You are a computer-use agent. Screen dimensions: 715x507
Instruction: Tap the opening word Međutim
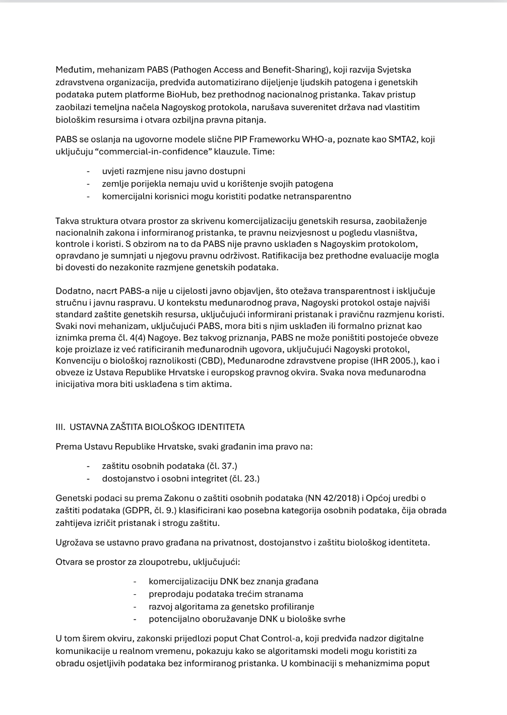(x=73, y=70)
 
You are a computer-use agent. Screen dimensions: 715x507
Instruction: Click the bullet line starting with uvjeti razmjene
(x=173, y=171)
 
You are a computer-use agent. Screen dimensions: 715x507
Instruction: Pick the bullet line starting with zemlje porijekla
(x=217, y=184)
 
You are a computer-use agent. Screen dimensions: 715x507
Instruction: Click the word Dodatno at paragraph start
(x=72, y=291)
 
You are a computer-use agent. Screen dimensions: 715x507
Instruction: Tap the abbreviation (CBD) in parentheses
(x=213, y=361)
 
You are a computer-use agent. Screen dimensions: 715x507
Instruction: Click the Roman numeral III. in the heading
(x=60, y=427)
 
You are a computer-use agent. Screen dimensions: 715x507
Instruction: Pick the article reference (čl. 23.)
(x=244, y=478)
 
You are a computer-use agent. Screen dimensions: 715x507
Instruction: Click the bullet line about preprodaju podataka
(x=226, y=594)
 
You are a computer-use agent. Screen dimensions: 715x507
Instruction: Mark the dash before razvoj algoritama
(x=135, y=607)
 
